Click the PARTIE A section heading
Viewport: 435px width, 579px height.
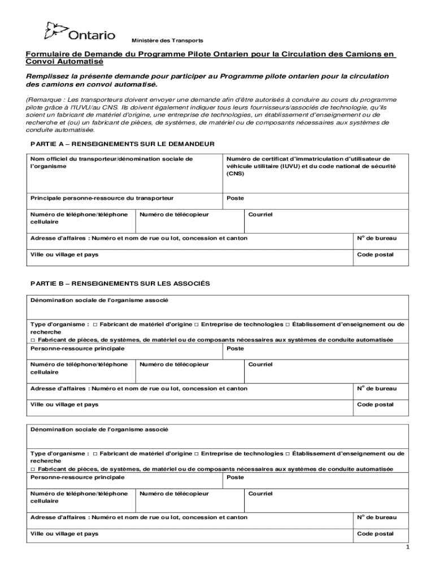coord(122,144)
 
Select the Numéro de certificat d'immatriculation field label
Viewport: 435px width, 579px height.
coord(311,159)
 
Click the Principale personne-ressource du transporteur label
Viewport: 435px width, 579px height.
coord(102,198)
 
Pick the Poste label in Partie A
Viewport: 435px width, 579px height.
coord(235,198)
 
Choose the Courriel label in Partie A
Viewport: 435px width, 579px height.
coord(260,215)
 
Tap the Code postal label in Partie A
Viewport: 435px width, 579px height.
coord(375,254)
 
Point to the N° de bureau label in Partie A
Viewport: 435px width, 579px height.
coord(377,238)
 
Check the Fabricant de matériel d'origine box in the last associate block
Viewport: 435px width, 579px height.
coord(95,453)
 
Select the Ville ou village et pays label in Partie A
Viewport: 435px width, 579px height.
coord(64,254)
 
